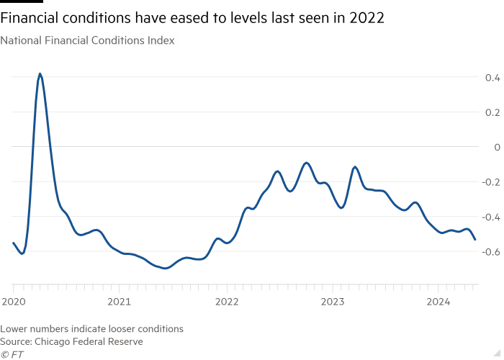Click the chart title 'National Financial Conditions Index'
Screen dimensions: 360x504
pyautogui.click(x=87, y=41)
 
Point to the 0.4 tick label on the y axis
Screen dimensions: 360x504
pyautogui.click(x=492, y=77)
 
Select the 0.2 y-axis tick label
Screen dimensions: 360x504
pyautogui.click(x=492, y=112)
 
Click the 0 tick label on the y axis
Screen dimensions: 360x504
pyautogui.click(x=496, y=147)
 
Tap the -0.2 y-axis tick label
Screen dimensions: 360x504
pyautogui.click(x=490, y=182)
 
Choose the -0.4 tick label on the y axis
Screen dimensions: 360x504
pyautogui.click(x=490, y=217)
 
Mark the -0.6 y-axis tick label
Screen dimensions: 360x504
pyautogui.click(x=490, y=252)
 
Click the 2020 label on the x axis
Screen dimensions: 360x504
pyautogui.click(x=14, y=300)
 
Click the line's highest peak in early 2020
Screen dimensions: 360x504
pyautogui.click(x=40, y=73)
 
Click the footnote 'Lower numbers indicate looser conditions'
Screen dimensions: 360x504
pyautogui.click(x=91, y=328)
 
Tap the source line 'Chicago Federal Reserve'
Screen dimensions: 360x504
pyautogui.click(x=71, y=341)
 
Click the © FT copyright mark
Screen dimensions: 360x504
pyautogui.click(x=12, y=354)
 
